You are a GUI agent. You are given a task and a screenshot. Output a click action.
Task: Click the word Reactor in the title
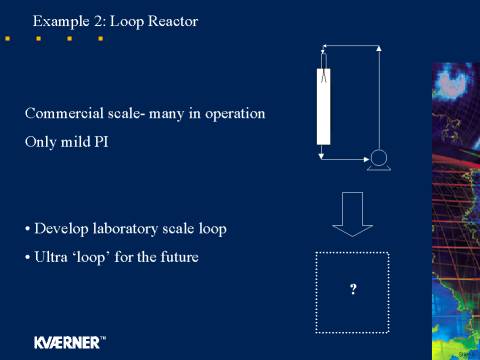pos(173,21)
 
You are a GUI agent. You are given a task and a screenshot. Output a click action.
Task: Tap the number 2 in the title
pos(99,21)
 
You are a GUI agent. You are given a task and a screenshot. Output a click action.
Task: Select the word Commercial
pos(64,113)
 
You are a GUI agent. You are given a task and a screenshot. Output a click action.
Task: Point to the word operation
pos(235,114)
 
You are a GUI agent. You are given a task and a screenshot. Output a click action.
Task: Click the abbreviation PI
pos(101,142)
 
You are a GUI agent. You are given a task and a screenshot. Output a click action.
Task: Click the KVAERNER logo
pos(70,343)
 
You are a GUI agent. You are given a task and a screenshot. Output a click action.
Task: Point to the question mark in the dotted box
pos(353,289)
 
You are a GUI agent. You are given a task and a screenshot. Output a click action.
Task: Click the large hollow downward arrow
pos(352,214)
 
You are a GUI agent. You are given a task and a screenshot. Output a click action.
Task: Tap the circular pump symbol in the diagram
pos(379,158)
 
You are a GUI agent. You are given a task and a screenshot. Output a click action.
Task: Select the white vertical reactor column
pos(323,107)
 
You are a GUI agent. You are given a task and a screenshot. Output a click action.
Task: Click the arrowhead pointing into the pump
pos(366,159)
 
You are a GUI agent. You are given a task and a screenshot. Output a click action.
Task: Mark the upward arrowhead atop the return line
pos(379,49)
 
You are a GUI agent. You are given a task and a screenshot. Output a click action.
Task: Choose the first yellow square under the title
pos(7,39)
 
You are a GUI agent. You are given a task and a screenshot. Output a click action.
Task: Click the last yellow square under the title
pos(100,39)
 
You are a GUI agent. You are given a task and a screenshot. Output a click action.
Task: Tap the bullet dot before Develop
pos(27,229)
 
